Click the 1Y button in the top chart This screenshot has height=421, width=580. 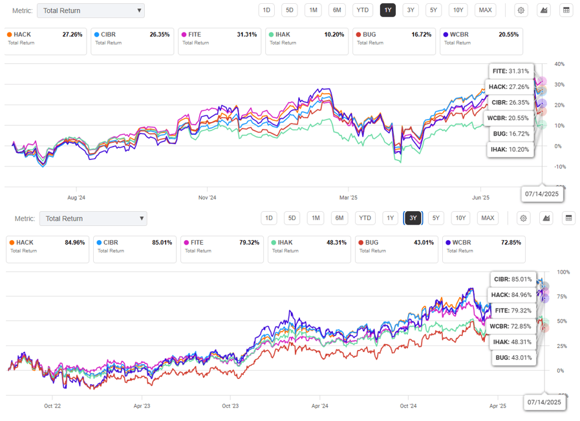pos(387,10)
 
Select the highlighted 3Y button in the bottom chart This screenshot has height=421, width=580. pos(412,218)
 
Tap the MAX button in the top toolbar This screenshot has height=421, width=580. pos(485,10)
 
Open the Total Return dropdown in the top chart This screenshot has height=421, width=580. pos(91,10)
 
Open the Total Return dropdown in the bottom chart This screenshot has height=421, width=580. pos(93,218)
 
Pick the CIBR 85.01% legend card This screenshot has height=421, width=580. pos(134,247)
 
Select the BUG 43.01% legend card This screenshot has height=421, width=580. pos(396,247)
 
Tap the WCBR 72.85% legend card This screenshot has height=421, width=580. pos(483,247)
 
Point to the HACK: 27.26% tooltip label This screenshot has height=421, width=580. pos(509,87)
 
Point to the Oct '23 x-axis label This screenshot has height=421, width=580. pos(230,406)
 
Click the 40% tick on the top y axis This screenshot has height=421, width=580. pos(559,65)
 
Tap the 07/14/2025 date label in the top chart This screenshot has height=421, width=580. pos(541,194)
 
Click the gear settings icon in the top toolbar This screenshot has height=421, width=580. pos(521,10)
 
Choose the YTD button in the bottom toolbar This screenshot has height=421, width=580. pos(365,218)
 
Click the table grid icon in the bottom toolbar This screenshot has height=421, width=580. pos(568,218)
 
